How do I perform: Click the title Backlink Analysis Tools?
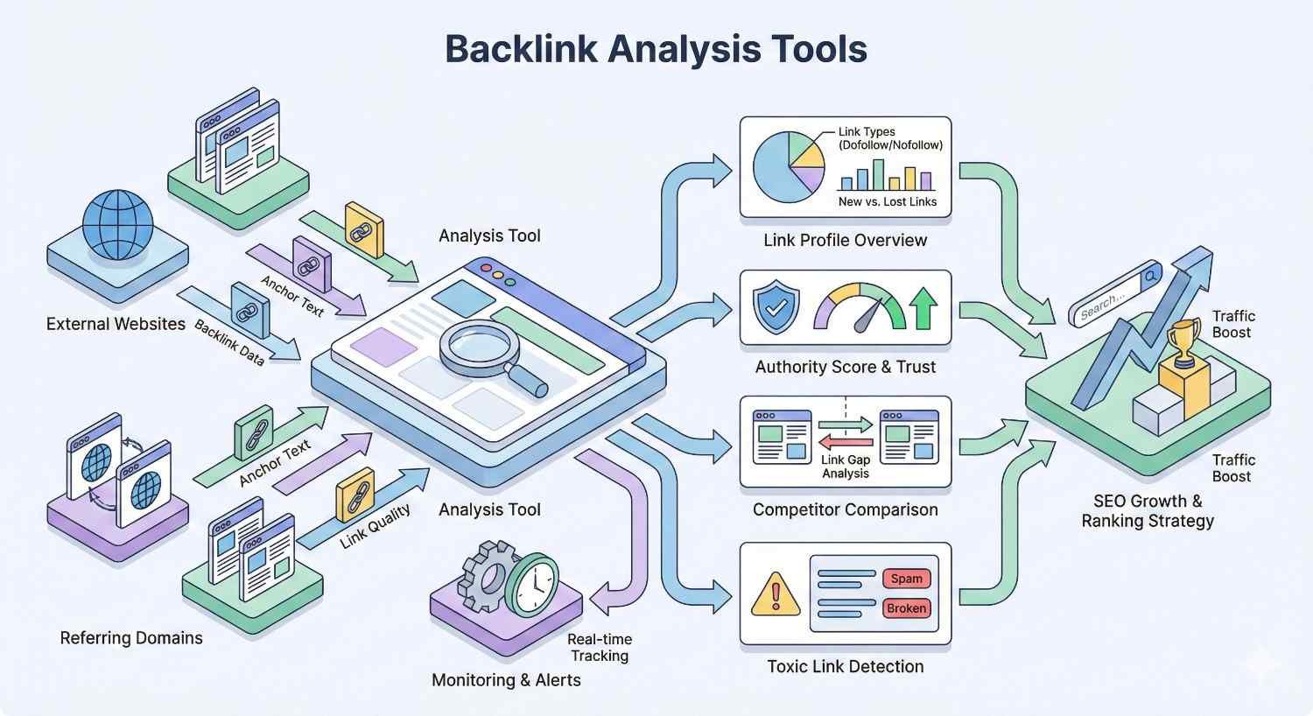pos(656,48)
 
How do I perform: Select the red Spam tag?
pos(906,579)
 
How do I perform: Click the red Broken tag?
pos(906,608)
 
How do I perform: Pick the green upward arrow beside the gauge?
pos(923,309)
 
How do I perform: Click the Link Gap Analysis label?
pos(845,467)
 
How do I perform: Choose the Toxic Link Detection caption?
pos(845,667)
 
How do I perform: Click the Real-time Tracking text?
pos(600,648)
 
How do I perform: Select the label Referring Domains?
pos(131,638)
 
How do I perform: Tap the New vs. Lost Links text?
pos(887,201)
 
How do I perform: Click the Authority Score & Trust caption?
pos(845,368)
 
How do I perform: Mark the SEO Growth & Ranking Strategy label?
pos(1148,511)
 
